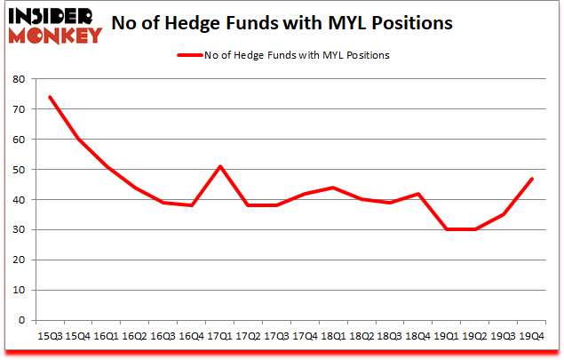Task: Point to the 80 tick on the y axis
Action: tap(20, 78)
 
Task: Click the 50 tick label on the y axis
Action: tap(20, 169)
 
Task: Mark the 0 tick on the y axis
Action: tap(23, 320)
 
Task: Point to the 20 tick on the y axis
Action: tap(20, 260)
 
